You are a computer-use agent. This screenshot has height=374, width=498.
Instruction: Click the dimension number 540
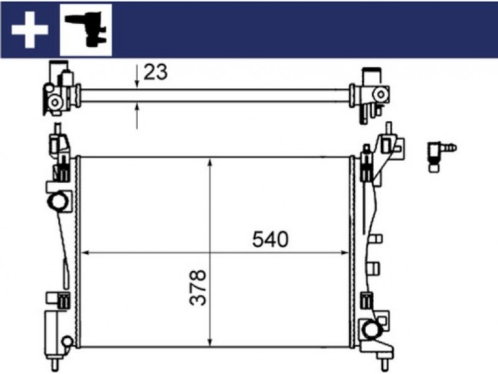click(270, 239)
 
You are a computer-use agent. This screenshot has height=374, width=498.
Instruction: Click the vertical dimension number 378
click(198, 288)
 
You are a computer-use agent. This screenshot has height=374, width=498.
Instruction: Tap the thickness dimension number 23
click(155, 72)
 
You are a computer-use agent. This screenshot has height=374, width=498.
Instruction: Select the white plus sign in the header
click(29, 30)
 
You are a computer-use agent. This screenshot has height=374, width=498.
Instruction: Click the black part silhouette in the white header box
click(86, 29)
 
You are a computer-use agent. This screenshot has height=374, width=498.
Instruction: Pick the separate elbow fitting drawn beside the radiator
click(441, 156)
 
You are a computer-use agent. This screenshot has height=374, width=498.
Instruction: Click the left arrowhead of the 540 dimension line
click(85, 253)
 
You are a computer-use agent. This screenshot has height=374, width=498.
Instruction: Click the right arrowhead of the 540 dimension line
click(345, 253)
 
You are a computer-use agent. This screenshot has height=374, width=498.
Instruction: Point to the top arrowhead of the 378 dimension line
click(210, 162)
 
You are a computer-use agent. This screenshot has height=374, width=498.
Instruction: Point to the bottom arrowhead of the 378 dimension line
click(210, 342)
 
